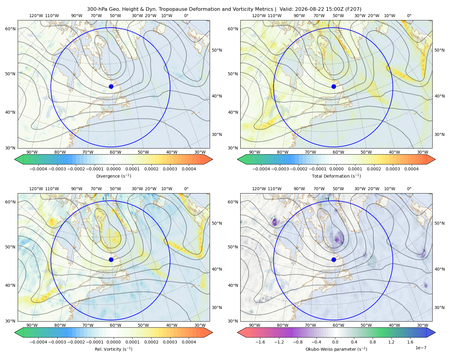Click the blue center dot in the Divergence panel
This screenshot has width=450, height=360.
[x=111, y=87]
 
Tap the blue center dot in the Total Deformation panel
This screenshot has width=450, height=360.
[x=334, y=87]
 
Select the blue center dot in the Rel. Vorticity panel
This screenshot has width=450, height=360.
[x=111, y=259]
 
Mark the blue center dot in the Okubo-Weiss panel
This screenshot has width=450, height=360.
[x=334, y=259]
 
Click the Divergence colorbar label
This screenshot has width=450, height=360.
[x=113, y=176]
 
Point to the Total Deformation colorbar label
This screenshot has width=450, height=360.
[x=336, y=176]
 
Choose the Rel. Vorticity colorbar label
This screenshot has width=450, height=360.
[x=113, y=349]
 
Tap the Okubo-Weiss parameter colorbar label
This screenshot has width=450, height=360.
[x=336, y=349]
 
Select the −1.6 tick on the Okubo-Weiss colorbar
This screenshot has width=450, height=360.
[x=260, y=342]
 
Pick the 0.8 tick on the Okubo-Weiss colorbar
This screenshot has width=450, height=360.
[x=373, y=342]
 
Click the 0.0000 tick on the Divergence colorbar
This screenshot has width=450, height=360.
[x=113, y=169]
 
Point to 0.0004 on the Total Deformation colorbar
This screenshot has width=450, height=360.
[x=411, y=169]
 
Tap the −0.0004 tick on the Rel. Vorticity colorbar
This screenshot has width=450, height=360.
[x=38, y=342]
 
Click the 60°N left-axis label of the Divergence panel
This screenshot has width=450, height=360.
[x=10, y=29]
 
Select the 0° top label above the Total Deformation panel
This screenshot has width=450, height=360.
[x=409, y=16]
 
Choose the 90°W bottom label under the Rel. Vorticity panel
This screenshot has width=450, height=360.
[x=32, y=325]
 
